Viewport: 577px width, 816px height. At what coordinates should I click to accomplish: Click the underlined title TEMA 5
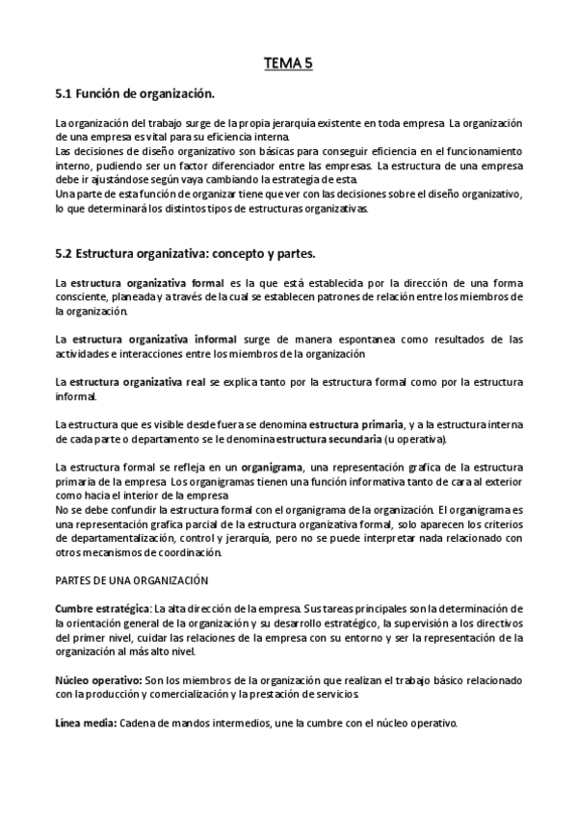288,64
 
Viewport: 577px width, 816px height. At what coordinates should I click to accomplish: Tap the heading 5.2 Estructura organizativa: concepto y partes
193,253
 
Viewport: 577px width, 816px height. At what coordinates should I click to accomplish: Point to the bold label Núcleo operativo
99,679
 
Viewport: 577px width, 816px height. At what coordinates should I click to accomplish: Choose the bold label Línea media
87,723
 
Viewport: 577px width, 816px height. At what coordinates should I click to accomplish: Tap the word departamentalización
116,538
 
